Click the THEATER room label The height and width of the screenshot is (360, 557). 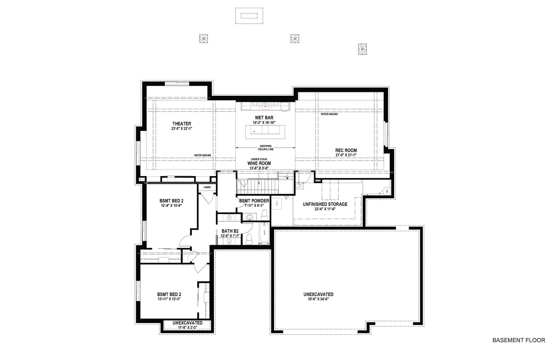tap(182, 124)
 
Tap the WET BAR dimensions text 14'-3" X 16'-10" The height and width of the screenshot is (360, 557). tap(264, 122)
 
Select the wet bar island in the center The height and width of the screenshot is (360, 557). tap(265, 132)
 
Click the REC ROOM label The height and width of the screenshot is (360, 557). tap(346, 150)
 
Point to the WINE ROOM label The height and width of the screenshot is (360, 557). tap(259, 163)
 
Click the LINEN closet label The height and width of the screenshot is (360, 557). tap(207, 187)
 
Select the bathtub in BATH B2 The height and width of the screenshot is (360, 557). tap(264, 232)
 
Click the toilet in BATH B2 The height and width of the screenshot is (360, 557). tap(249, 239)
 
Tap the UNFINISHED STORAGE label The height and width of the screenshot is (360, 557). tap(325, 204)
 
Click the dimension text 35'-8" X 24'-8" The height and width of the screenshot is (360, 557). tap(318, 299)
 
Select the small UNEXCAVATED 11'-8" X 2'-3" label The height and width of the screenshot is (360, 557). tap(187, 323)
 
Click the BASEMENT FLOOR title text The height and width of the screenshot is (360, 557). tap(519, 340)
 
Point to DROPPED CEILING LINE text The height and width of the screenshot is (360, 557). tap(266, 148)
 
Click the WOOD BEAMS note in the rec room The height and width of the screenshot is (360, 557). tap(329, 114)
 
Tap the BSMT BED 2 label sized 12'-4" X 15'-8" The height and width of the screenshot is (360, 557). tap(171, 201)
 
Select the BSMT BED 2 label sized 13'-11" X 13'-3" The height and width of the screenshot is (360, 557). tap(169, 294)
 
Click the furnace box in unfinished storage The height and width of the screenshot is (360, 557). tap(277, 204)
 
